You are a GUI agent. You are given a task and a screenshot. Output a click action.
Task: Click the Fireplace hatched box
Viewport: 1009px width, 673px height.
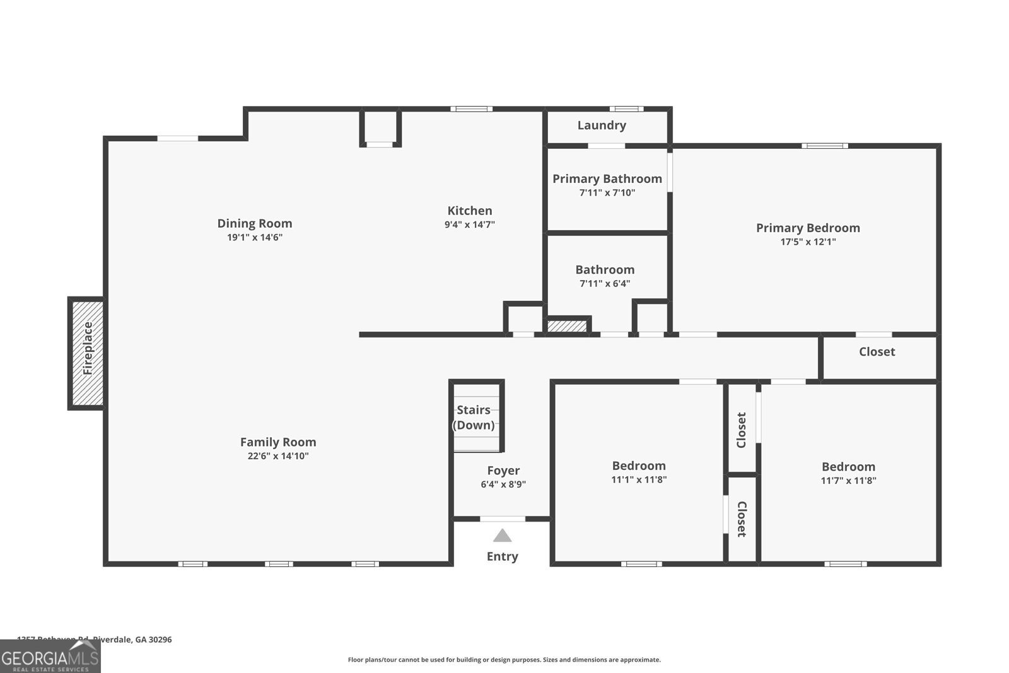(87, 353)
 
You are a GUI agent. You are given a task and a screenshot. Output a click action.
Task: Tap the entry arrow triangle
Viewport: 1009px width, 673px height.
(502, 536)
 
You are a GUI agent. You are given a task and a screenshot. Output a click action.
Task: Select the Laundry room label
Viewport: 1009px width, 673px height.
(602, 126)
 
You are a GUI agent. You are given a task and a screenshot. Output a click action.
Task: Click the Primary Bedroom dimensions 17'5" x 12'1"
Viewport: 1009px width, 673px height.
(808, 242)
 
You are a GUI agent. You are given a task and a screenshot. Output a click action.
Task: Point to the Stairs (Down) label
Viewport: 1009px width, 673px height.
(474, 418)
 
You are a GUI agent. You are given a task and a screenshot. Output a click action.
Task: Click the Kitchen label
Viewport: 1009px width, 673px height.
(470, 211)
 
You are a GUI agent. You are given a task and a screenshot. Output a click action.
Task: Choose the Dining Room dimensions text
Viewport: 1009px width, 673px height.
(255, 238)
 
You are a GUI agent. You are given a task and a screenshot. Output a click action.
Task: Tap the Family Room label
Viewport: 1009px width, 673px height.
(278, 442)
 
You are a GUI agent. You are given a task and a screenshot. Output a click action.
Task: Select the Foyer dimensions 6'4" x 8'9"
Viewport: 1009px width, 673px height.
(503, 484)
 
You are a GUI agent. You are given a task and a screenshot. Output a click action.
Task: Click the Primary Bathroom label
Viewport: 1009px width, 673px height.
(607, 178)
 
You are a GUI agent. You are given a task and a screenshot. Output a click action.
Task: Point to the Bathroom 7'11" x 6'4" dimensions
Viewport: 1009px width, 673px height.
(605, 284)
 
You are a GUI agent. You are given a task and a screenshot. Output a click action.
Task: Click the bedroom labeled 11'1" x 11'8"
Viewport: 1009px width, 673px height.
(639, 472)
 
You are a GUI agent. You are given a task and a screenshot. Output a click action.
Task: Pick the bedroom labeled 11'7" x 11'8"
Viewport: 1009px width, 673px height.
(848, 473)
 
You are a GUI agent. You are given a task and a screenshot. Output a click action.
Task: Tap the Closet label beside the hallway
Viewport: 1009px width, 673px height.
(877, 352)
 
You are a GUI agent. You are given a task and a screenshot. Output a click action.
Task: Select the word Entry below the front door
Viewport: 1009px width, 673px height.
(502, 556)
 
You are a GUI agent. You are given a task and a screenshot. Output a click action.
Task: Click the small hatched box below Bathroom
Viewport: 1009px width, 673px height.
(566, 326)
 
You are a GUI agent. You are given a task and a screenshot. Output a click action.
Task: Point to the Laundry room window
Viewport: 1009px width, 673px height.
(626, 109)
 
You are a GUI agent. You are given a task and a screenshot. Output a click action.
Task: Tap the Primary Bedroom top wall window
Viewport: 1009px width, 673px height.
(824, 146)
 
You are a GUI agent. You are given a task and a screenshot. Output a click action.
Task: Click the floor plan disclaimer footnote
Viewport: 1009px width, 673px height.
(504, 660)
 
